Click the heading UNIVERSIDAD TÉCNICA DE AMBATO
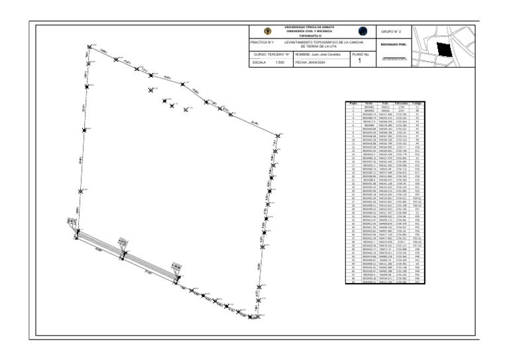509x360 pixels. point(311,27)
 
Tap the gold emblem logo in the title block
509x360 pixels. point(267,31)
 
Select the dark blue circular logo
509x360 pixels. point(363,31)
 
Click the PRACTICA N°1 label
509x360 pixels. point(262,42)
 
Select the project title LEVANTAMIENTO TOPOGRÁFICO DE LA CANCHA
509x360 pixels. point(321,42)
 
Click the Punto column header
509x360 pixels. point(353,103)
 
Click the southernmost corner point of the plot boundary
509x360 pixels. point(253,320)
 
